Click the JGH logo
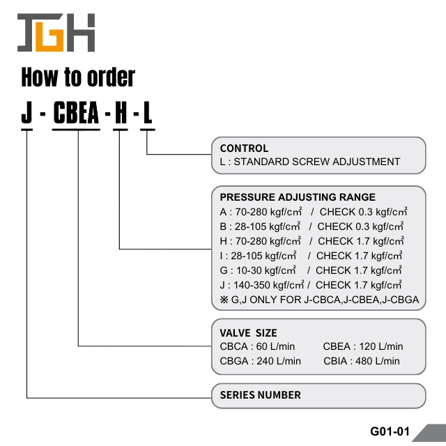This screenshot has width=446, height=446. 56,32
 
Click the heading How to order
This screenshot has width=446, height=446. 78,77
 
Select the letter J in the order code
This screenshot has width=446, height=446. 27,114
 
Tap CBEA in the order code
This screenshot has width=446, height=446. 77,114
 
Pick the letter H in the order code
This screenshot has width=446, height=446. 121,114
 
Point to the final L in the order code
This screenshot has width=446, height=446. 147,114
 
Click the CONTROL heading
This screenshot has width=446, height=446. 244,148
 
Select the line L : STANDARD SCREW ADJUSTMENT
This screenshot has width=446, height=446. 310,162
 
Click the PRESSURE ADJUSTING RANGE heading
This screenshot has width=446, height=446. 298,197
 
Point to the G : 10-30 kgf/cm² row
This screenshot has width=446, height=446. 311,270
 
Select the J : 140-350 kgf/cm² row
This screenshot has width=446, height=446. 311,285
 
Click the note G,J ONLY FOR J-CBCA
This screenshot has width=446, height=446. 318,300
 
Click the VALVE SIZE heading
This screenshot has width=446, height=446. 248,333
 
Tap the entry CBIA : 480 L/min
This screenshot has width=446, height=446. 362,361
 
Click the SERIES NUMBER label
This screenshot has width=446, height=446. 261,395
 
